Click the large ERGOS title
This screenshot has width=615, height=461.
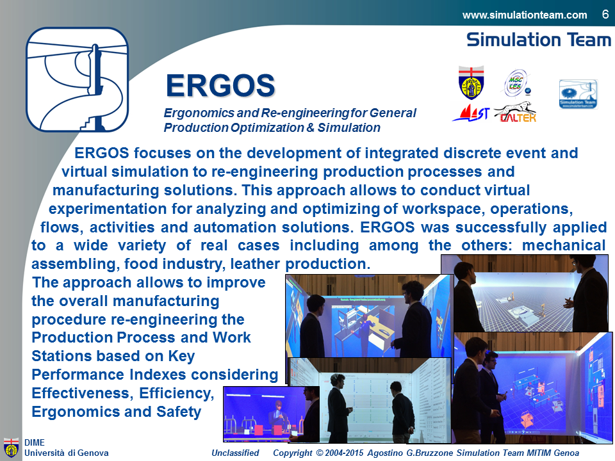(220, 85)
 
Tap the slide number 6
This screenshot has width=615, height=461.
(605, 15)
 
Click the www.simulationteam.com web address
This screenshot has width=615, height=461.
(525, 15)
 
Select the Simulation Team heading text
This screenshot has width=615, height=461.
(539, 40)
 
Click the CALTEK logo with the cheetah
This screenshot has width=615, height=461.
(515, 112)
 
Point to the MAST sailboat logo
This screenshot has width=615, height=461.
(471, 113)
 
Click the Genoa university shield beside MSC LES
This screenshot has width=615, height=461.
(471, 83)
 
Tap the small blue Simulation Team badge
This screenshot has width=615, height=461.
(578, 93)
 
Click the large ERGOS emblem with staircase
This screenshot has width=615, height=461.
(78, 79)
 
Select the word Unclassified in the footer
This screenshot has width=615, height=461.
(235, 453)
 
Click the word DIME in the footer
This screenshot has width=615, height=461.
(35, 442)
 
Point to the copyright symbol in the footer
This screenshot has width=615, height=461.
(319, 453)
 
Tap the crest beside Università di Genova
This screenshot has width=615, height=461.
(11, 448)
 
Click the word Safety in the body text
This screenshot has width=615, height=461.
(179, 412)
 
